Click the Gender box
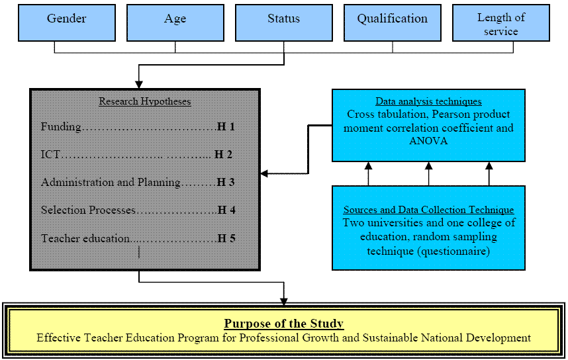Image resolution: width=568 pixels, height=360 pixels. pyautogui.click(x=67, y=22)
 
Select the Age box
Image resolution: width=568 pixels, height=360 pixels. pyautogui.click(x=175, y=22)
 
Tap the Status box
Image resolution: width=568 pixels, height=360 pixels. pyautogui.click(x=284, y=22)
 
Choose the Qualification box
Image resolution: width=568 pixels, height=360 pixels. pyautogui.click(x=393, y=22)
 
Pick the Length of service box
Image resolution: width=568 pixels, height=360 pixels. pyautogui.click(x=501, y=22)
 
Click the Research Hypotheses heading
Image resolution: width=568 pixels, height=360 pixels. pyautogui.click(x=145, y=101)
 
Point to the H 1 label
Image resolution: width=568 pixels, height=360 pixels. pyautogui.click(x=226, y=126)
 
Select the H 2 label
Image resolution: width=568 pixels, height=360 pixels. pyautogui.click(x=224, y=154)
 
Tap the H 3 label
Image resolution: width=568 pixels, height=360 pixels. pyautogui.click(x=226, y=182)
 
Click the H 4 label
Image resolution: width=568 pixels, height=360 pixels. pyautogui.click(x=226, y=210)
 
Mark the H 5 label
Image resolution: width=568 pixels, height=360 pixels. pyautogui.click(x=226, y=238)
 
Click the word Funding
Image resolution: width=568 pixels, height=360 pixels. pyautogui.click(x=61, y=127)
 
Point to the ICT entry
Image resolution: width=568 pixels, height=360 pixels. pyautogui.click(x=50, y=154)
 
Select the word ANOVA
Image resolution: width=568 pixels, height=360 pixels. pyautogui.click(x=428, y=141)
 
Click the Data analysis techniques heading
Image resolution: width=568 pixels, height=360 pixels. pyautogui.click(x=428, y=101)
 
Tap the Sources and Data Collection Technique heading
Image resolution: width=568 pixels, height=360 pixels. pyautogui.click(x=428, y=210)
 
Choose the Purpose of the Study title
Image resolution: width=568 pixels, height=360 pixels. pyautogui.click(x=284, y=324)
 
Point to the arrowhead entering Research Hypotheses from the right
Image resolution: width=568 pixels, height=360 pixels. pyautogui.click(x=264, y=174)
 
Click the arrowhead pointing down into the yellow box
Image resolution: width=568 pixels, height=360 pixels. pyautogui.click(x=283, y=301)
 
